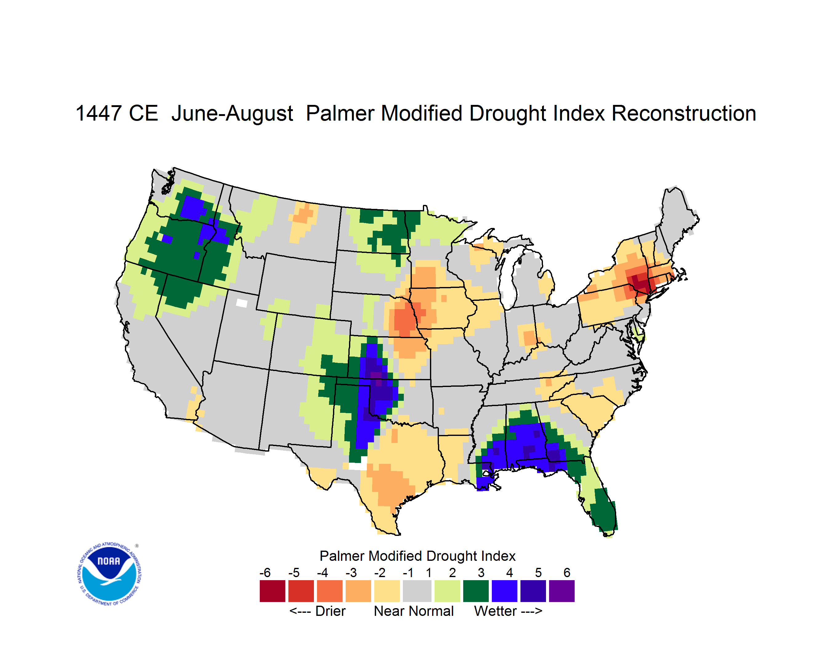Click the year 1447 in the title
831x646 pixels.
[x=98, y=113]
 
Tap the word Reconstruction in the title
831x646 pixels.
[x=684, y=113]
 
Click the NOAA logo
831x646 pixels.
[x=109, y=574]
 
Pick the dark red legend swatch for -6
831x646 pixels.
[x=272, y=591]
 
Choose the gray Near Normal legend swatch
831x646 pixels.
[x=417, y=591]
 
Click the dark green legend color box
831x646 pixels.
[x=476, y=591]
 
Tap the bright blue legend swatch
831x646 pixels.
[x=504, y=591]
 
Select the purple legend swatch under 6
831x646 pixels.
[x=562, y=591]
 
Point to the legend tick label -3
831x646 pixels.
[x=351, y=572]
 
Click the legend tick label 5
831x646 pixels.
[x=538, y=572]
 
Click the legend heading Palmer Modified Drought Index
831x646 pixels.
[x=417, y=556]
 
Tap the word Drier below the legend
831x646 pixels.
[x=330, y=611]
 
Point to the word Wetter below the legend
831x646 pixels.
[x=495, y=611]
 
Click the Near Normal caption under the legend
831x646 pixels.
[x=414, y=611]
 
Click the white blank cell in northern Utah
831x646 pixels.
[x=242, y=303]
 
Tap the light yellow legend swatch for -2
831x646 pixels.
[x=387, y=591]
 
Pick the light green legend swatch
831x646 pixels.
[x=447, y=591]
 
